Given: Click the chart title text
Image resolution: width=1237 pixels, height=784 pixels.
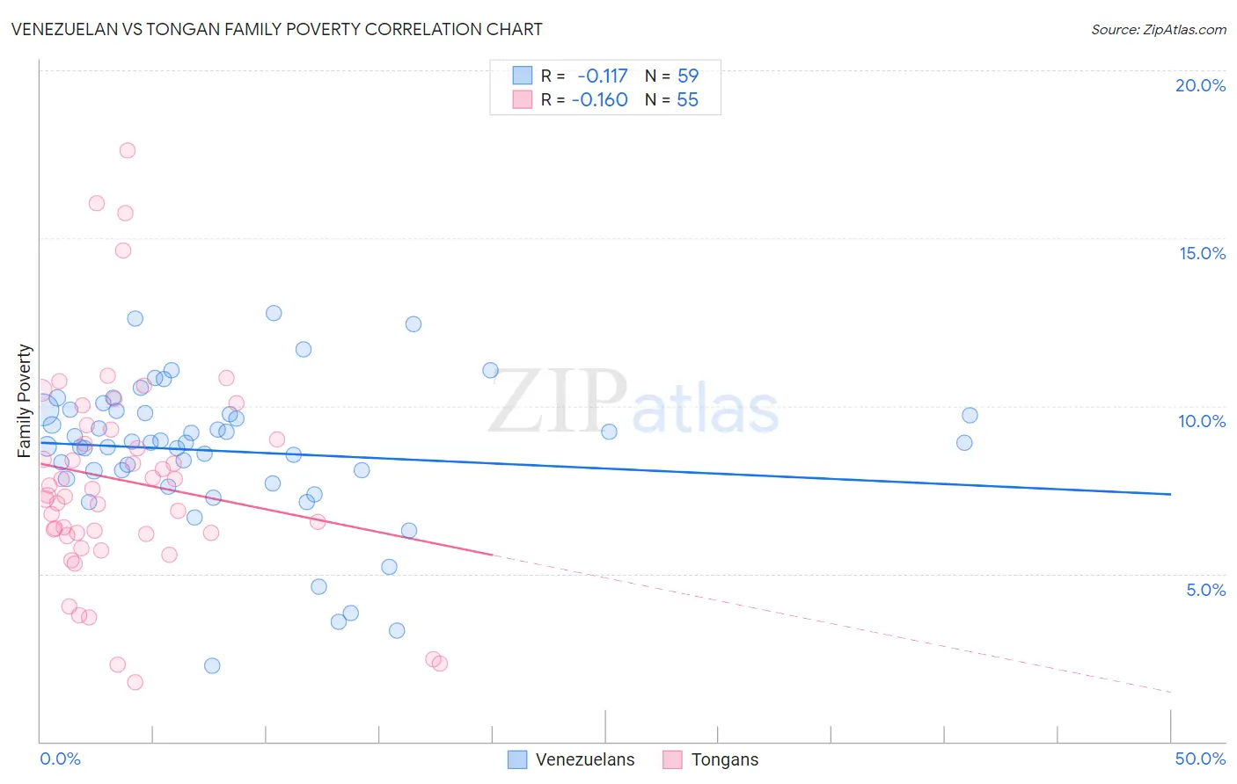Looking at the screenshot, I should (x=277, y=29).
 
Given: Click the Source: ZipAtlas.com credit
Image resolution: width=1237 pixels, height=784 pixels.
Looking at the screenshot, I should (x=1158, y=29).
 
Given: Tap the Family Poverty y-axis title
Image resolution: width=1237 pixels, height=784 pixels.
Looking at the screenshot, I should (x=24, y=401).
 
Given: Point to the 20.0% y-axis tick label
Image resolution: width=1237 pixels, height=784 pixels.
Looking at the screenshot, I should (x=1200, y=85).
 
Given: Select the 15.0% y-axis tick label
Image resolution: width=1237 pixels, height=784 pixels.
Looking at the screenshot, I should (x=1202, y=253).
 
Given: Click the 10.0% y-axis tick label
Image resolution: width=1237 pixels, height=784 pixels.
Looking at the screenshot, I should (x=1202, y=421).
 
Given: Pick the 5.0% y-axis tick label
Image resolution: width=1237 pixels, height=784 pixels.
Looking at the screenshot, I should (x=1205, y=590).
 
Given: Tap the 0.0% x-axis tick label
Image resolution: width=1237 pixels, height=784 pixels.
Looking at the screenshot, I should (x=60, y=759).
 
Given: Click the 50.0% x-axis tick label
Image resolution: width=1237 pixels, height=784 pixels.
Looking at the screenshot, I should (x=1200, y=759).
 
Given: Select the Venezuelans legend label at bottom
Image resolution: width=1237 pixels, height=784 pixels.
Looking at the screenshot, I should (x=585, y=759).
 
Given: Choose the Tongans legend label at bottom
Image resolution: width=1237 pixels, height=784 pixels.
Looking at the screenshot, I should (x=725, y=759).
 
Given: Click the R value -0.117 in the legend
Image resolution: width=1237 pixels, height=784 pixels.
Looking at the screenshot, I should (x=603, y=76).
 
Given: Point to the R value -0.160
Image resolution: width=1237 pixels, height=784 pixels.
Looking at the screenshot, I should (x=600, y=100).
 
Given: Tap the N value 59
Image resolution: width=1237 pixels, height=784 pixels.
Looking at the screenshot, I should (x=688, y=76).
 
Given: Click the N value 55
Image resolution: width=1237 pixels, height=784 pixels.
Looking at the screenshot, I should (x=687, y=100).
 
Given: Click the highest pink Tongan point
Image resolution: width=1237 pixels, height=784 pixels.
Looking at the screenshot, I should (x=128, y=150).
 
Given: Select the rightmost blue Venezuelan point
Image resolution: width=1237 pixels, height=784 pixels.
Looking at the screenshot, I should (x=970, y=415).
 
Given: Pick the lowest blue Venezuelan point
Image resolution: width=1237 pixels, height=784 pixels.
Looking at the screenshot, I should (x=212, y=665).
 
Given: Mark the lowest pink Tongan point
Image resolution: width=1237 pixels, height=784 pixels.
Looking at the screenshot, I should (x=135, y=682).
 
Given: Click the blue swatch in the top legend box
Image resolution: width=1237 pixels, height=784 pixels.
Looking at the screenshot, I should (x=523, y=76).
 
